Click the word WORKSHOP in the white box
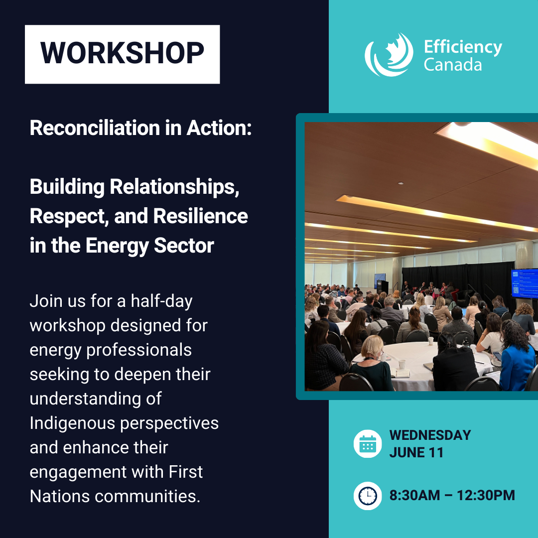122,53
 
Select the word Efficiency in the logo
463,47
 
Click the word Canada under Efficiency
453,65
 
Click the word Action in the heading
219,128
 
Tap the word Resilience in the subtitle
200,216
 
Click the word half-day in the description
161,301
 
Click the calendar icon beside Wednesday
368,444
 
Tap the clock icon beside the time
368,496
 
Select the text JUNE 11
416,452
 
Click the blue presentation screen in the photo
524,283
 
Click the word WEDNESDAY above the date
430,435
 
